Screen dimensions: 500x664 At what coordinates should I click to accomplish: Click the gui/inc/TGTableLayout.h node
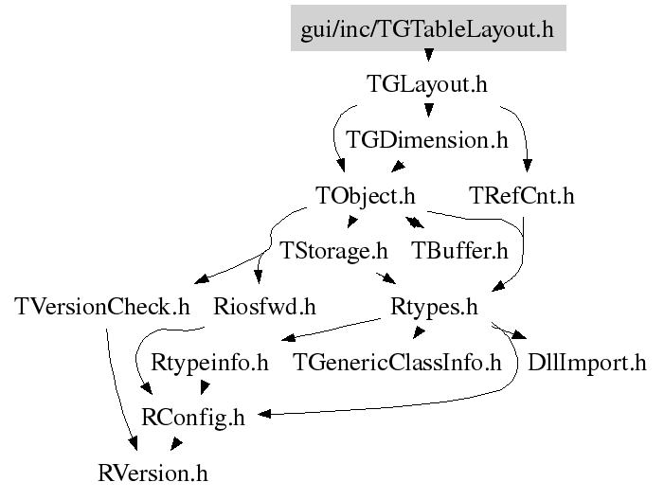(x=427, y=29)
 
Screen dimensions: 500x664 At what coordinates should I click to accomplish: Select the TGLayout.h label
(x=427, y=84)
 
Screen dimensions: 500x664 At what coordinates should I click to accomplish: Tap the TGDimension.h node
(x=427, y=140)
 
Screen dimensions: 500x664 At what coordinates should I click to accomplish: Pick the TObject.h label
(x=366, y=196)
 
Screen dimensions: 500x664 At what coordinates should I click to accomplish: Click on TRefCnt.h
(x=522, y=196)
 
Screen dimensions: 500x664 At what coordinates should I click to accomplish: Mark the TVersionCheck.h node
(x=103, y=307)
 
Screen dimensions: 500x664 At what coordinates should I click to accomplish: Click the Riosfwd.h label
(x=264, y=307)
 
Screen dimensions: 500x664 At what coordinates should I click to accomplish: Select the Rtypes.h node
(x=434, y=307)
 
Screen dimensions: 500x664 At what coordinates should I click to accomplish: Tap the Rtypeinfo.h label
(x=210, y=362)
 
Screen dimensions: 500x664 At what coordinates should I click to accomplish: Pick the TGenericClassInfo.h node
(x=397, y=362)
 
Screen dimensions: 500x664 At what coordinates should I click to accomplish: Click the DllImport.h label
(x=586, y=362)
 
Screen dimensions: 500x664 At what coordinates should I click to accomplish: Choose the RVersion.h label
(x=153, y=472)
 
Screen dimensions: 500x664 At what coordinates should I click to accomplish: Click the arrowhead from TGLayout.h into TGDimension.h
(x=427, y=115)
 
